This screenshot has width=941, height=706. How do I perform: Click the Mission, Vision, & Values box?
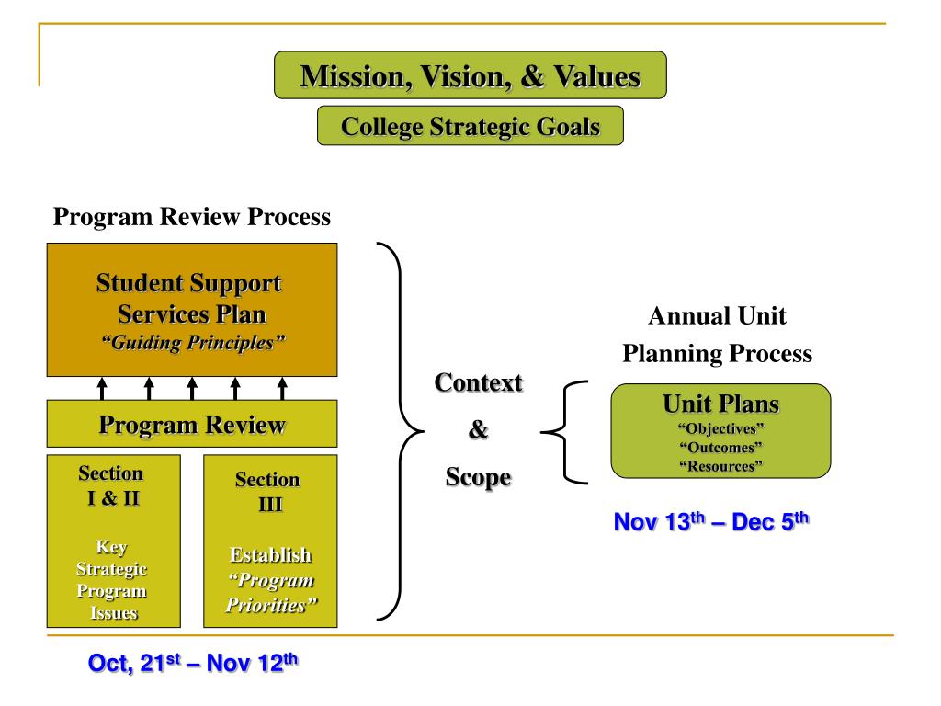(470, 75)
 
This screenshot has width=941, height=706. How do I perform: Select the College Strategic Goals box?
(470, 126)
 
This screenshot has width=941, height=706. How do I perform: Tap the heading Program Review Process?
(191, 217)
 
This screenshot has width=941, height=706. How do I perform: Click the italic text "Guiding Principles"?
(191, 342)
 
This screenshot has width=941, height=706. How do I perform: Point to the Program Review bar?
(191, 425)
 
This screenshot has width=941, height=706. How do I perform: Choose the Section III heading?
(267, 492)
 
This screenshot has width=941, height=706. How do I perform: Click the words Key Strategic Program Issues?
(110, 581)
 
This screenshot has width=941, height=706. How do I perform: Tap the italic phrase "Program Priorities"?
(269, 594)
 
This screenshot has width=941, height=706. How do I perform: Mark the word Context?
(479, 383)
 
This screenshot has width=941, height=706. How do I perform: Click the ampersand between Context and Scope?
(479, 430)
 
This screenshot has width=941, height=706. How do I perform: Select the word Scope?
(479, 478)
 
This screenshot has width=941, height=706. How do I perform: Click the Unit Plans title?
(720, 404)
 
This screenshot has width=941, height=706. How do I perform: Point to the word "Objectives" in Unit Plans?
(720, 429)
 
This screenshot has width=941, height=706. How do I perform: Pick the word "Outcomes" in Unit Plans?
(720, 448)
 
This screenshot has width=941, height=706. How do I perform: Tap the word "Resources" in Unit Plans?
(720, 466)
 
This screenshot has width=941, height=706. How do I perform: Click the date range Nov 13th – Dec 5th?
(711, 522)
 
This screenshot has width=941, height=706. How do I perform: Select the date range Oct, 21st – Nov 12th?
(193, 662)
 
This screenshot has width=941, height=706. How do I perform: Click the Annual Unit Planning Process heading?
(717, 336)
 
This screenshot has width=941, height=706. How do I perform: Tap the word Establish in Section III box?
(269, 555)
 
